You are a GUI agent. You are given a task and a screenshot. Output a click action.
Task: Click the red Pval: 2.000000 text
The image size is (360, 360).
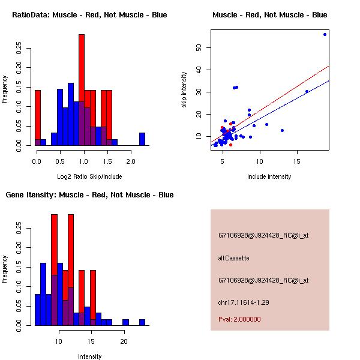239,319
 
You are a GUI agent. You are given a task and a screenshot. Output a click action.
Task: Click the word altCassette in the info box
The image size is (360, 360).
233,258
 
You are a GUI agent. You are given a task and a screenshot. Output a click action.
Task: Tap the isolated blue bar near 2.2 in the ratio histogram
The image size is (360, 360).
142,139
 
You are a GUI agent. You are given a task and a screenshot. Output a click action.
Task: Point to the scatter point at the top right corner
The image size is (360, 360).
325,34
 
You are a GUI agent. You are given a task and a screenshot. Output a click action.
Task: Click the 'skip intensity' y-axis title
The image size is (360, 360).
184,90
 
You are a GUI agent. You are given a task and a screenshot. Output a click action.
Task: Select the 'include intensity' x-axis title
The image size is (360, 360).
269,176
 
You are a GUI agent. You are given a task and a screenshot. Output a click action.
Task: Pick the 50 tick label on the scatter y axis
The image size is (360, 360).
199,47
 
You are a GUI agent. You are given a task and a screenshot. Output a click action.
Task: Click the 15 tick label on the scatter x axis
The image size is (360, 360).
297,161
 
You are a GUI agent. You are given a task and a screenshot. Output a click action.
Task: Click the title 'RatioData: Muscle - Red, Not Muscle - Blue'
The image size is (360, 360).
90,14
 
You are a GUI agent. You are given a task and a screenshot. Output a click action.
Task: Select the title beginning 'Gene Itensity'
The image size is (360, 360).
90,194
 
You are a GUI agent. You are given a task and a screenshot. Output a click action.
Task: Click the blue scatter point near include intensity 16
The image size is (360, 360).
307,91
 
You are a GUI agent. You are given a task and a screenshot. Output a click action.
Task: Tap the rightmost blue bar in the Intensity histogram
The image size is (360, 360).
142,322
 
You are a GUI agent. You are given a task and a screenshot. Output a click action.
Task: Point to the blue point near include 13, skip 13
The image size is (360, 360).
282,130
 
